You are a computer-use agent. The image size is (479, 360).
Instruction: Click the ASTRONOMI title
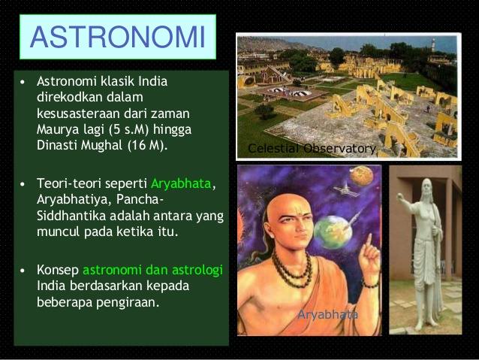118,37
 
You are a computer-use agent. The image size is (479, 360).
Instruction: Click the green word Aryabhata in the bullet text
181,183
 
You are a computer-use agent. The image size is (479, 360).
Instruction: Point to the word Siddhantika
71,216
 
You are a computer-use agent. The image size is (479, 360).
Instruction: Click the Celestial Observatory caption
312,148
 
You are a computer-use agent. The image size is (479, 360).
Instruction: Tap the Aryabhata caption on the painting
327,314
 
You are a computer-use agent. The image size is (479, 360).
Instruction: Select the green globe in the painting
333,231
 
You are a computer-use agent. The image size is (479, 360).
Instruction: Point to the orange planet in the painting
362,176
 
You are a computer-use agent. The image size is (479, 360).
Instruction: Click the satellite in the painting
346,189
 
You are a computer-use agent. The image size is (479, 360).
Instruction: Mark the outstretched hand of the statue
400,197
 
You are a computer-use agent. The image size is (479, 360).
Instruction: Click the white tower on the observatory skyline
433,45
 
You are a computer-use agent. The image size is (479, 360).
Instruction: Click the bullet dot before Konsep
22,271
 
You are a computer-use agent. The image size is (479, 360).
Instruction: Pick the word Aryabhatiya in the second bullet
72,200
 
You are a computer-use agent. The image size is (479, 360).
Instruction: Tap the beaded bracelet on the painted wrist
371,284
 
